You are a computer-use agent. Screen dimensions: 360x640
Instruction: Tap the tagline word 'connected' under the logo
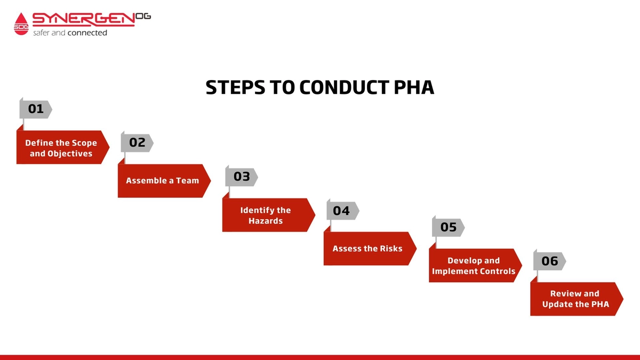click(87, 33)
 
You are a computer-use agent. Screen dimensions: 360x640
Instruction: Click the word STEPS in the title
click(233, 88)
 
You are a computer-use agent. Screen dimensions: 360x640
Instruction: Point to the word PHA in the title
click(414, 88)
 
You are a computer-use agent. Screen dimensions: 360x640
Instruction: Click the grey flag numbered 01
click(35, 109)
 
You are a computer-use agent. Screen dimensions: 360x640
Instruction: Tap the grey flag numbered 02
click(137, 142)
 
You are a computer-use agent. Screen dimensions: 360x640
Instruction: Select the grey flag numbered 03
click(242, 177)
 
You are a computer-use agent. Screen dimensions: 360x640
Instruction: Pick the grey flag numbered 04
click(342, 211)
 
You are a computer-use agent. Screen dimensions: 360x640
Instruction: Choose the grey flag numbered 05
click(448, 228)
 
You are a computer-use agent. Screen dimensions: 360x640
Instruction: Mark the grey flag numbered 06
click(549, 261)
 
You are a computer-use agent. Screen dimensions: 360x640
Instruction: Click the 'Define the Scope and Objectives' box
click(61, 148)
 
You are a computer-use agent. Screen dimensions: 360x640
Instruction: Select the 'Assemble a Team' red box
click(163, 181)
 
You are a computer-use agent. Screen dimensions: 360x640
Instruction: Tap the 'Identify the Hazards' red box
click(265, 215)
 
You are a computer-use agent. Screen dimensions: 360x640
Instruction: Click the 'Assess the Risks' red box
click(367, 249)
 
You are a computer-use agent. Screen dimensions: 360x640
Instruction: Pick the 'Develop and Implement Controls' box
click(474, 266)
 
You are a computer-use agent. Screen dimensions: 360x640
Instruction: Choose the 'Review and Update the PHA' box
click(575, 299)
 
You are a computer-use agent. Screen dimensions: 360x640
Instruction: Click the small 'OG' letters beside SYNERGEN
click(144, 17)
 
